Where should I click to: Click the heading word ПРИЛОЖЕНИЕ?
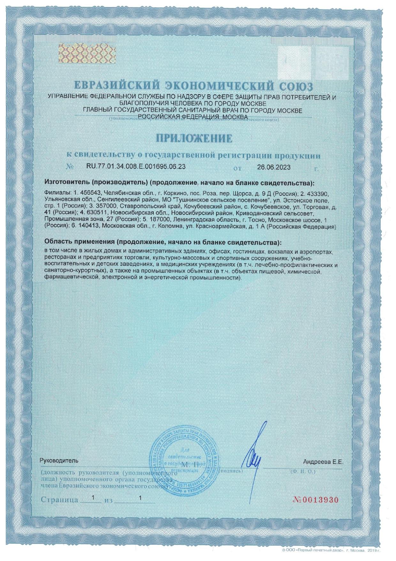click(194, 138)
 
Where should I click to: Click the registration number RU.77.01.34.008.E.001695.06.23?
click(136, 167)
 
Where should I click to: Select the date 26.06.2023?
click(274, 167)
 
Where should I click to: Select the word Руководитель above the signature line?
click(58, 461)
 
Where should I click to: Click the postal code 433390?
click(317, 194)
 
